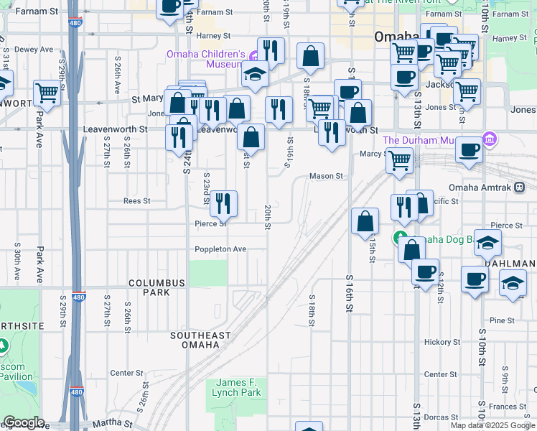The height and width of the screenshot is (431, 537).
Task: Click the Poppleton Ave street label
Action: click(x=220, y=249)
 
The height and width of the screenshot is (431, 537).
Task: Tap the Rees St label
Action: click(x=136, y=201)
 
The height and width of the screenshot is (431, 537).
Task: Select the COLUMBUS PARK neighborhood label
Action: click(x=149, y=288)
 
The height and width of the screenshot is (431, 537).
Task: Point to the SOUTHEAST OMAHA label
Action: click(x=200, y=340)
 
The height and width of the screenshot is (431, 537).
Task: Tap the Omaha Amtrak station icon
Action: click(x=520, y=187)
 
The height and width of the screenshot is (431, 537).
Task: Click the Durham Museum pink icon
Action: click(x=490, y=138)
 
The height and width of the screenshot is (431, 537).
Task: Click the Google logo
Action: click(x=24, y=422)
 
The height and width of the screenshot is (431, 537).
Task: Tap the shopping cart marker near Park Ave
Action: click(x=47, y=93)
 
